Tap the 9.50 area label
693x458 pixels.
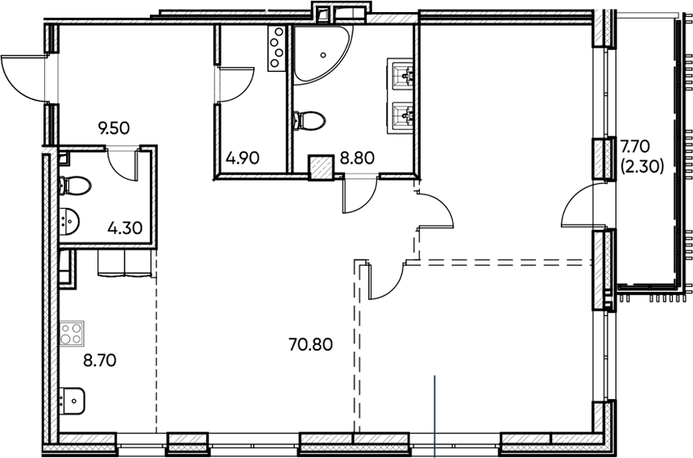[114, 127]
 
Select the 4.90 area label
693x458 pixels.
[243, 158]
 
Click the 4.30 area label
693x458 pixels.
[125, 227]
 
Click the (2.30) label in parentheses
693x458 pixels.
[641, 168]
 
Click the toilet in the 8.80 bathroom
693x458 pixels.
[310, 121]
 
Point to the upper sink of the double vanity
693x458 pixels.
[402, 74]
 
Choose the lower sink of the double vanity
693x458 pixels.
[402, 116]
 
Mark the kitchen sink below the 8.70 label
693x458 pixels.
[72, 398]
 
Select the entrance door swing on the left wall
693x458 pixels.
[24, 77]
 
